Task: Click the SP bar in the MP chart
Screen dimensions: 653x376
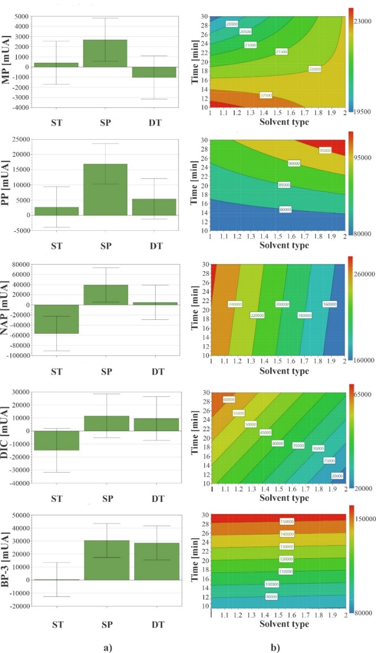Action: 105,53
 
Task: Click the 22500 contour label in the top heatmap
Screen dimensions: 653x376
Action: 266,95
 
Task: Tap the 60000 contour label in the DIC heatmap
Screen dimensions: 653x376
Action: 229,399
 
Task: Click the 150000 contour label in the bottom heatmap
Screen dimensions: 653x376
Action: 286,521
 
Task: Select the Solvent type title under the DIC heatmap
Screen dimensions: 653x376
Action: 278,498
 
